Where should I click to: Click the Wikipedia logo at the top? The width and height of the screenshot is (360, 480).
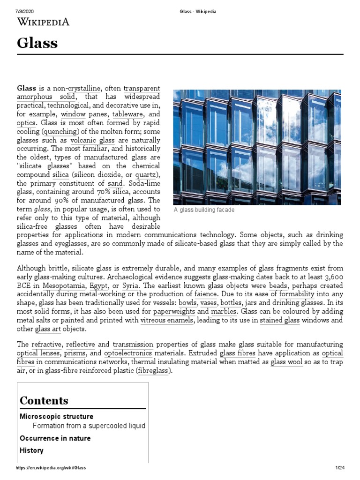(43, 21)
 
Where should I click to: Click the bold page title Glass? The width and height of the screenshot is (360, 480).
(37, 43)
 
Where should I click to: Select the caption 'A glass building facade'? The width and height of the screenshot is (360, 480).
(204, 210)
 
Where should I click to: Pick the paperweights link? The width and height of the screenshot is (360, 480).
(174, 311)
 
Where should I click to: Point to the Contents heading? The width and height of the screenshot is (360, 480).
(44, 400)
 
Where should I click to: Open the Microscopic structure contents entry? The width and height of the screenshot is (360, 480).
(56, 416)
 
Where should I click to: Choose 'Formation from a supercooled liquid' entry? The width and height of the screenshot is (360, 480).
(89, 426)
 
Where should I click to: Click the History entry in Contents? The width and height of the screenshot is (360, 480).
(31, 450)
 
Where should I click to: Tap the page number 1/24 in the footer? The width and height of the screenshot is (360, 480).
(340, 468)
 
